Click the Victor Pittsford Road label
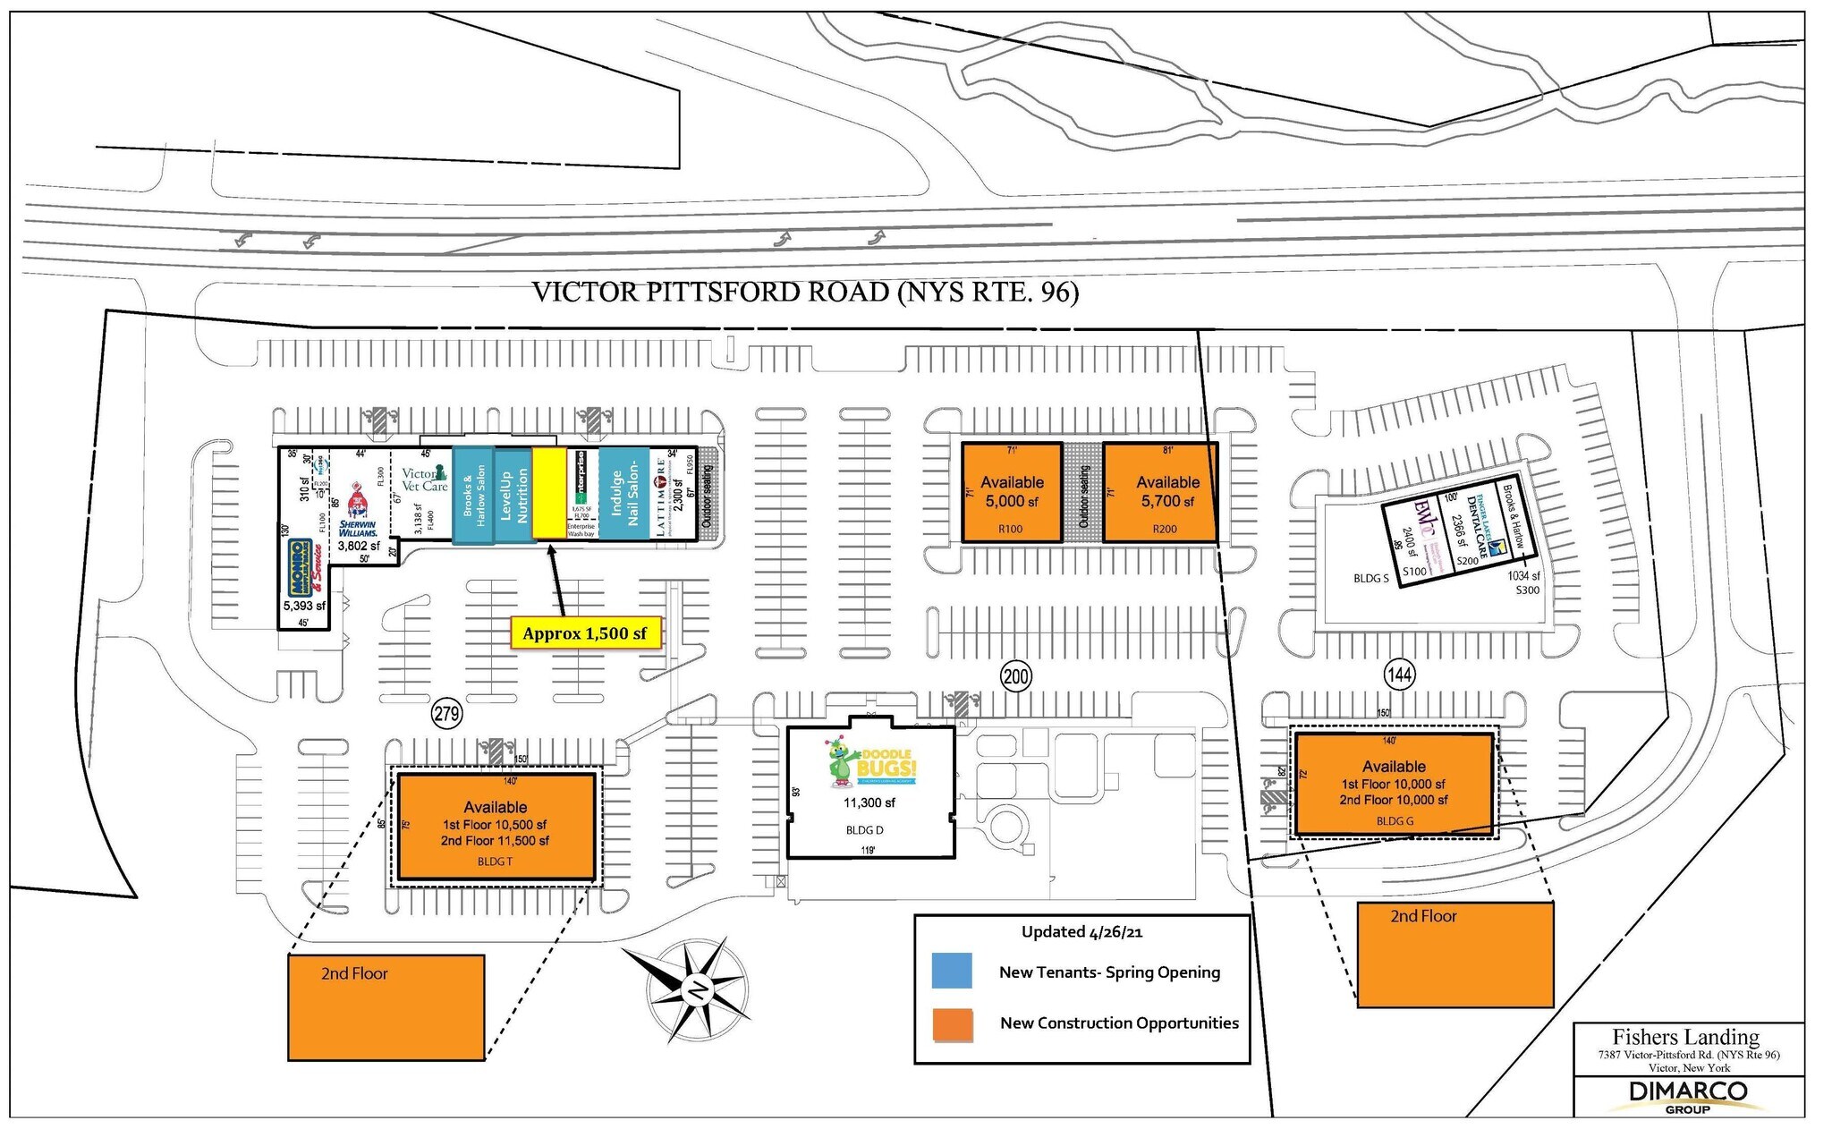[805, 293]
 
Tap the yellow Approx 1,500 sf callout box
[585, 633]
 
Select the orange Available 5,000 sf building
[1011, 492]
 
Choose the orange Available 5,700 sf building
[1160, 492]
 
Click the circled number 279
[446, 713]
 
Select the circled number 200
[1016, 676]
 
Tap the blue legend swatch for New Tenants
[952, 972]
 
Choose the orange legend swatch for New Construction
[952, 1024]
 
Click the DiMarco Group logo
[1687, 1096]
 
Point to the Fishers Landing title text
[1685, 1037]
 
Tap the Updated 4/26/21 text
[1081, 932]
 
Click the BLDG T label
[495, 862]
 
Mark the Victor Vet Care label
[424, 480]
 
